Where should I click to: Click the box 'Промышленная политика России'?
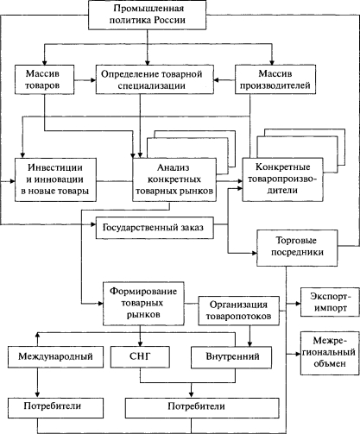coord(147,15)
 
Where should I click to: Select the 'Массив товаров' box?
coord(45,79)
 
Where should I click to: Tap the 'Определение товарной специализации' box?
coord(155,79)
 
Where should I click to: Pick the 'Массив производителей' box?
coord(275,79)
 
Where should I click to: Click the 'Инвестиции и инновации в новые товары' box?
coord(55,179)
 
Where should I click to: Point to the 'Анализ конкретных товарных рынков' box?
coord(174,179)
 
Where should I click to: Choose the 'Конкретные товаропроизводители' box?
coord(282,179)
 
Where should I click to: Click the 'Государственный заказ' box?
coord(155,228)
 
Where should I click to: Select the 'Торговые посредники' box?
coord(297,248)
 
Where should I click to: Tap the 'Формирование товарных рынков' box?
coord(143,304)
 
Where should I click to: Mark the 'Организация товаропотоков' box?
coord(239,311)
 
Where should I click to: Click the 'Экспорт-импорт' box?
coord(330,302)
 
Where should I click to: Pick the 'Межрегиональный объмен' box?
coord(330,353)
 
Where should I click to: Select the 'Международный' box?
coord(55,357)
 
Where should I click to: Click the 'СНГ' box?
coord(140,357)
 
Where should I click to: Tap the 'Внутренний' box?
coord(231,357)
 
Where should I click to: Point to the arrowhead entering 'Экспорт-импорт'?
coord(298,304)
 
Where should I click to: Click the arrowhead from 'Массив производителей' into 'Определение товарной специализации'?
coord(217,79)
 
